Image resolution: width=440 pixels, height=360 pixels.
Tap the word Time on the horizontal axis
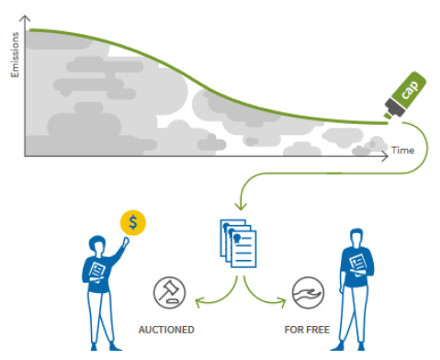coord(402,150)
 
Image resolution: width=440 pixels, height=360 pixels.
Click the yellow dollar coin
coord(134,221)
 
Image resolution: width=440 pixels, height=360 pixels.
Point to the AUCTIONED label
coord(165,329)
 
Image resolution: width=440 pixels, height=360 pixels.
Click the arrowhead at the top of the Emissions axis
coord(26,20)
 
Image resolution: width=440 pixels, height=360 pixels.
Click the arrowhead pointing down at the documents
coord(239,204)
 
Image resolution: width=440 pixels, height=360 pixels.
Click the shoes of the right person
coord(349,347)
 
